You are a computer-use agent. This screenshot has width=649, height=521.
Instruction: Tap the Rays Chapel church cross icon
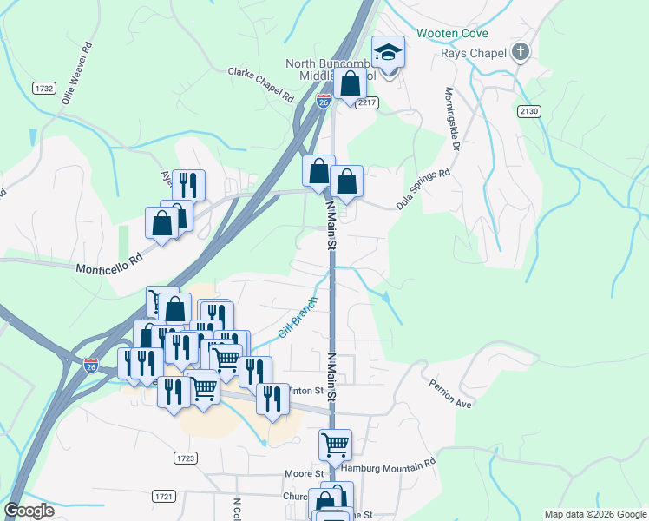click(x=520, y=51)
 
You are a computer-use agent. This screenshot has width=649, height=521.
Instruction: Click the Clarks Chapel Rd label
click(x=261, y=85)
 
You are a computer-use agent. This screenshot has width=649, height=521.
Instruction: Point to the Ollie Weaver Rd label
click(x=77, y=66)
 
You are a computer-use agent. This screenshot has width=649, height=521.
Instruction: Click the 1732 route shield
click(x=43, y=88)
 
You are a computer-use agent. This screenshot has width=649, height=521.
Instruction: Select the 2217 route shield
click(x=367, y=102)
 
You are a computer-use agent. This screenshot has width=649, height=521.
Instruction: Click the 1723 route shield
click(x=185, y=458)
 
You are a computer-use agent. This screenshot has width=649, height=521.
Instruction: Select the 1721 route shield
click(x=162, y=496)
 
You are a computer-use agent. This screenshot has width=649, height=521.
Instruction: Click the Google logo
click(x=29, y=511)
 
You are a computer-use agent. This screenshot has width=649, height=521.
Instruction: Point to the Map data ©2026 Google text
click(x=594, y=514)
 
